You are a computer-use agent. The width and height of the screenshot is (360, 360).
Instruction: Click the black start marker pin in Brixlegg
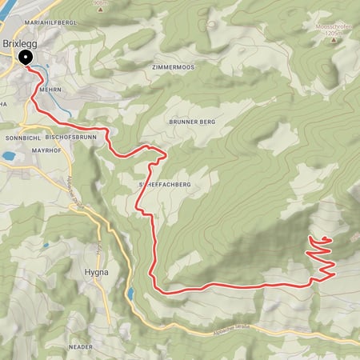[x=26, y=57]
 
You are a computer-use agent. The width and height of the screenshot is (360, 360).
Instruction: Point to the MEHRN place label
[x=50, y=91]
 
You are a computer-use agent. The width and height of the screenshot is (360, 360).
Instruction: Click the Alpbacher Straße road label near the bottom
[x=234, y=333]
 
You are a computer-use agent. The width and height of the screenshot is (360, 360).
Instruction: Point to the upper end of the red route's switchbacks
[x=327, y=240]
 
